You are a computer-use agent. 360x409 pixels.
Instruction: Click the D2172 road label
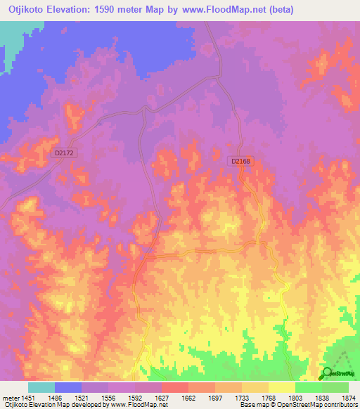[x=64, y=151]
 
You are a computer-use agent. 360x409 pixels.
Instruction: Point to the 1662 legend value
[x=188, y=397]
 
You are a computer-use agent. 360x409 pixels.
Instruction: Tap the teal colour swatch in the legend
[x=41, y=387]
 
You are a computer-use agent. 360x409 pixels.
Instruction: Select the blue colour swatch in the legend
[x=68, y=387]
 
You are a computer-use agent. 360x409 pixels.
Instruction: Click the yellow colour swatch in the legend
[x=281, y=387]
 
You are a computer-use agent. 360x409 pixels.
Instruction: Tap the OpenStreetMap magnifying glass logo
[x=328, y=373]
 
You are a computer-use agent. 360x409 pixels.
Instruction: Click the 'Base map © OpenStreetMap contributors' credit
[x=297, y=405]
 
